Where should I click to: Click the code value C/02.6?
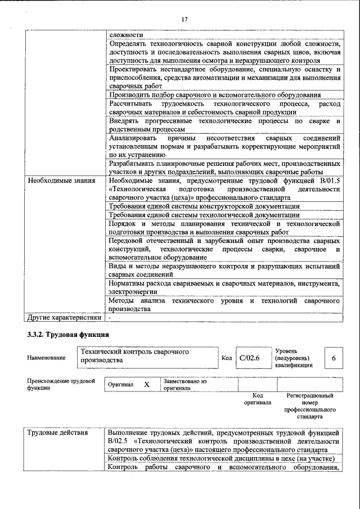click(x=248, y=358)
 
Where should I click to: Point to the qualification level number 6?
click(x=334, y=358)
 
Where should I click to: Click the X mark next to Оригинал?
click(x=147, y=384)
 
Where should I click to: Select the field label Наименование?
click(x=46, y=358)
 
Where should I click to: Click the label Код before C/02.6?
click(x=226, y=358)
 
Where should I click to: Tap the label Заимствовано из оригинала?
click(x=185, y=384)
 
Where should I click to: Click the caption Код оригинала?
click(x=257, y=399)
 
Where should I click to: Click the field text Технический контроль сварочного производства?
click(x=148, y=356)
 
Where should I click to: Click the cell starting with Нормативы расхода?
click(x=224, y=288)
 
